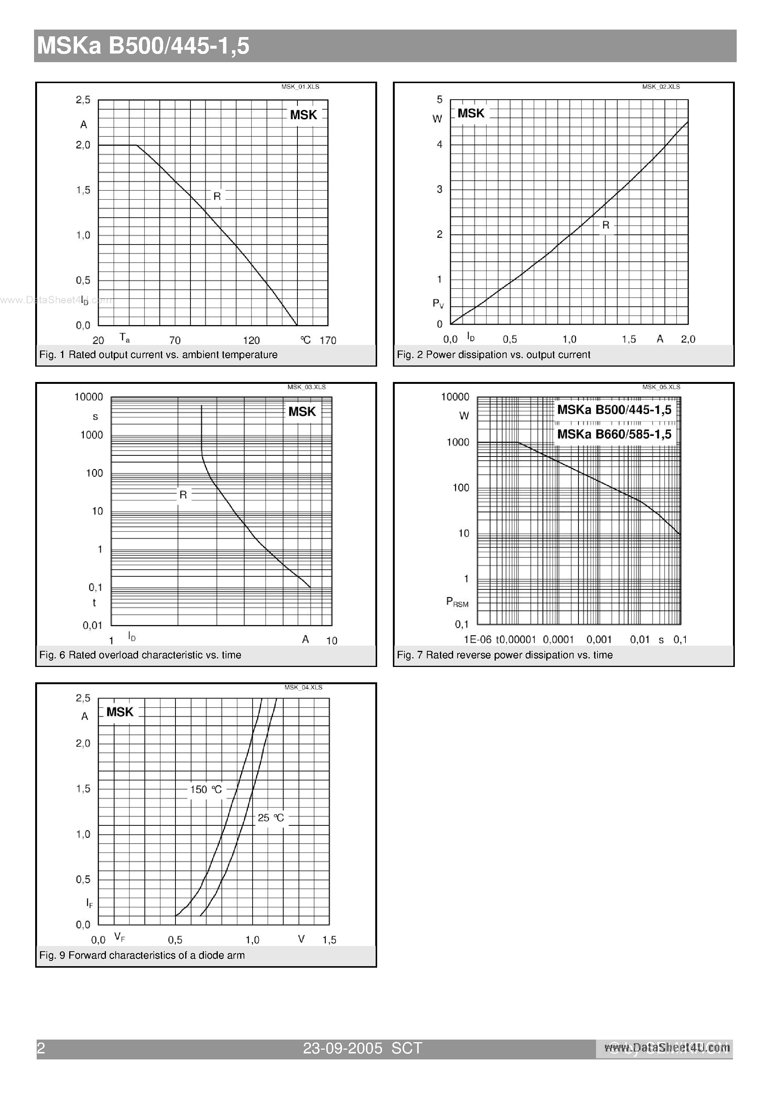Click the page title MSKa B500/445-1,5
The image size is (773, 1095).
143,46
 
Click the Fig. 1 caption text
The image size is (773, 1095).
158,355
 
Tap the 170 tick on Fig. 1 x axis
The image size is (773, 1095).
328,340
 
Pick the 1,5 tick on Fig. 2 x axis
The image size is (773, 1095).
629,339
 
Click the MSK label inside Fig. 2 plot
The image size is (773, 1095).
470,113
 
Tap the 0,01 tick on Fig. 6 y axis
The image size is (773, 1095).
92,625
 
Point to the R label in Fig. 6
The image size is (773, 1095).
183,495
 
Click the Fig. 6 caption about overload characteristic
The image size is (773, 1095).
140,655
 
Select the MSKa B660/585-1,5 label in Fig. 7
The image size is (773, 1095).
614,434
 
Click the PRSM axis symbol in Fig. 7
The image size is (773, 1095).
456,602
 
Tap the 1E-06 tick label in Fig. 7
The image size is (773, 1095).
477,640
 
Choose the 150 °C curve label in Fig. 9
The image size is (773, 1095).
206,790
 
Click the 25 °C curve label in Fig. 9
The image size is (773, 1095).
271,818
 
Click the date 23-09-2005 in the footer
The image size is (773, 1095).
343,1048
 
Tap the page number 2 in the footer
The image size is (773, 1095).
41,1048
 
